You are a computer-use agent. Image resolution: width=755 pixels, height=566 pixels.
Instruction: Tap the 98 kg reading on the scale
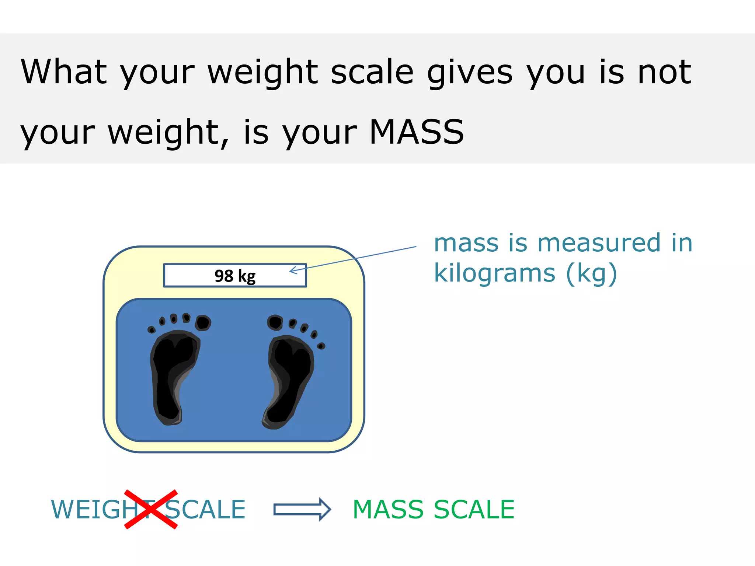(235, 276)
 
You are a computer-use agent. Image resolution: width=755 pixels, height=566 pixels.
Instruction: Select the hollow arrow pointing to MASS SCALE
(302, 510)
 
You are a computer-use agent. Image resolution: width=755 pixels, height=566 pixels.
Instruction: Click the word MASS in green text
(389, 510)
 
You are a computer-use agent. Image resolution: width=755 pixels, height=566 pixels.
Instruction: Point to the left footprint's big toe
(203, 323)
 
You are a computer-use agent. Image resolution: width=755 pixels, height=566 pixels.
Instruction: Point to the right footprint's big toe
(275, 322)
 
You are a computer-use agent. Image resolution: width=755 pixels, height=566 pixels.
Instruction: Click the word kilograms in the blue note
(494, 273)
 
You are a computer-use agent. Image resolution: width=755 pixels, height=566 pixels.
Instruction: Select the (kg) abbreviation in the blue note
(591, 273)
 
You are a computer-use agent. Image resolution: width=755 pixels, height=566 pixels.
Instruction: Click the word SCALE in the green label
(474, 510)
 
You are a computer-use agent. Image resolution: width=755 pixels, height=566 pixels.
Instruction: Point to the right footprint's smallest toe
(321, 346)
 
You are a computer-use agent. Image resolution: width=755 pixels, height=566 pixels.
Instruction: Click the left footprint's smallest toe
(151, 329)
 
